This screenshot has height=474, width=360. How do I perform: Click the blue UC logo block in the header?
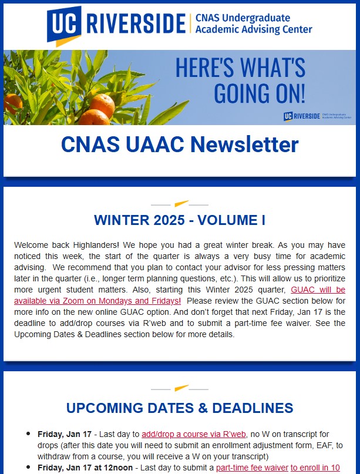65,23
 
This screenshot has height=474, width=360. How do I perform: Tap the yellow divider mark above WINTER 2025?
180,204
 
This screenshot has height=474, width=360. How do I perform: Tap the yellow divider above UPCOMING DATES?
180,388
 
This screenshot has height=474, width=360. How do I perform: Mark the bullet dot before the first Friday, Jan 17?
28,435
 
